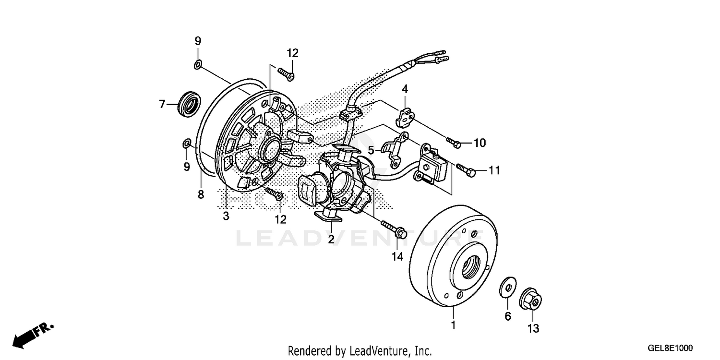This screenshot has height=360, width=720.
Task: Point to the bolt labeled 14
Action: tap(394, 229)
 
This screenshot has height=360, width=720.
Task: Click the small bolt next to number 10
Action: tap(454, 142)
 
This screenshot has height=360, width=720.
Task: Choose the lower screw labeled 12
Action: tap(274, 194)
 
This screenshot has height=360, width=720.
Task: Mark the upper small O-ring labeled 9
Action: tap(198, 65)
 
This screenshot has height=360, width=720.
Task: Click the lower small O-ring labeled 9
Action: tap(186, 143)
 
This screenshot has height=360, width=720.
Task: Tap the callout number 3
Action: tap(226, 216)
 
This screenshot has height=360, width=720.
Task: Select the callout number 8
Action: tap(201, 195)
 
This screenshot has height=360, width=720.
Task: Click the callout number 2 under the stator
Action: tap(331, 239)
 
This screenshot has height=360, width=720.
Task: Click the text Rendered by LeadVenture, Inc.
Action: tap(360, 351)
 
